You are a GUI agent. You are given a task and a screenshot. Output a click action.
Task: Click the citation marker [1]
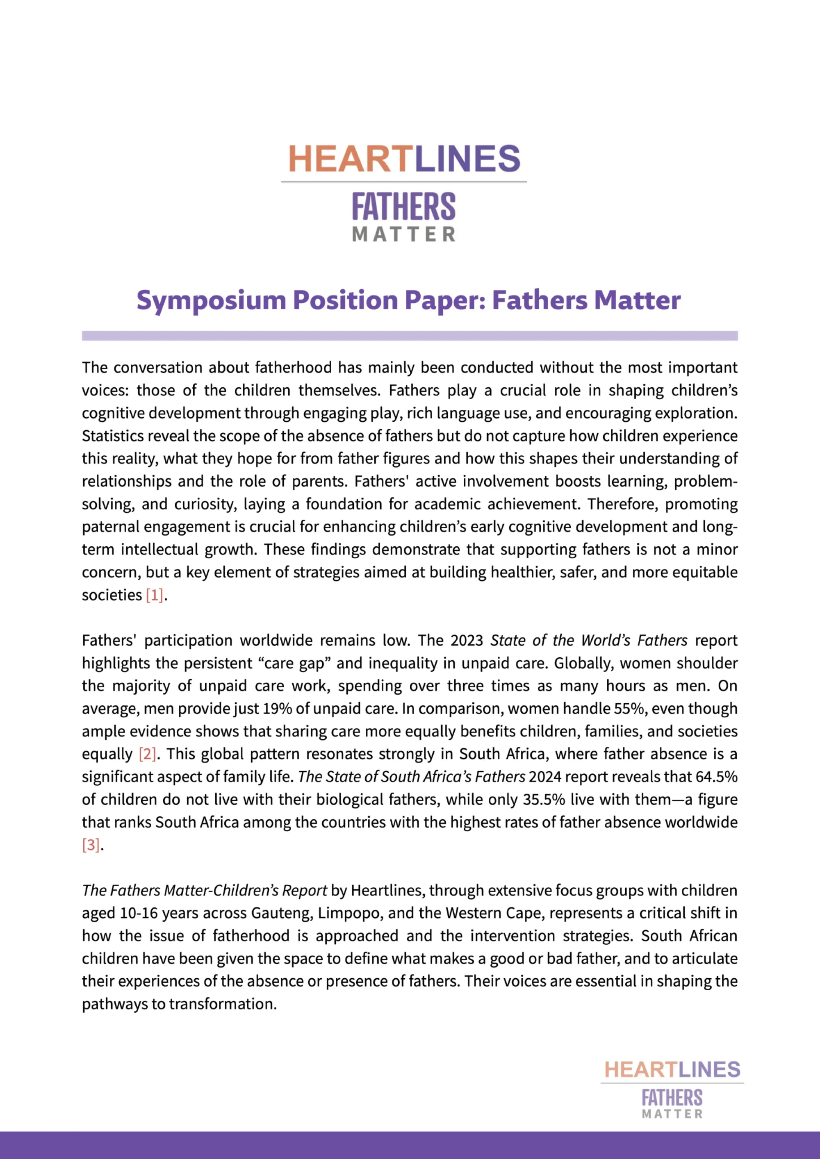[x=155, y=595]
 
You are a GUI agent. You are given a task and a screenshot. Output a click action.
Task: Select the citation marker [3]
[x=91, y=845]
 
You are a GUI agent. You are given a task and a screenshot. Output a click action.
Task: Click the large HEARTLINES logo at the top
[x=404, y=159]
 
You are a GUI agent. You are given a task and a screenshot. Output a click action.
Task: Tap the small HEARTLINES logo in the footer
[x=672, y=1070]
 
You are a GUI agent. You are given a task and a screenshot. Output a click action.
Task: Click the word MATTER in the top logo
[x=404, y=235]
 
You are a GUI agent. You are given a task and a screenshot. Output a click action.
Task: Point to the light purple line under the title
[x=410, y=336]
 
